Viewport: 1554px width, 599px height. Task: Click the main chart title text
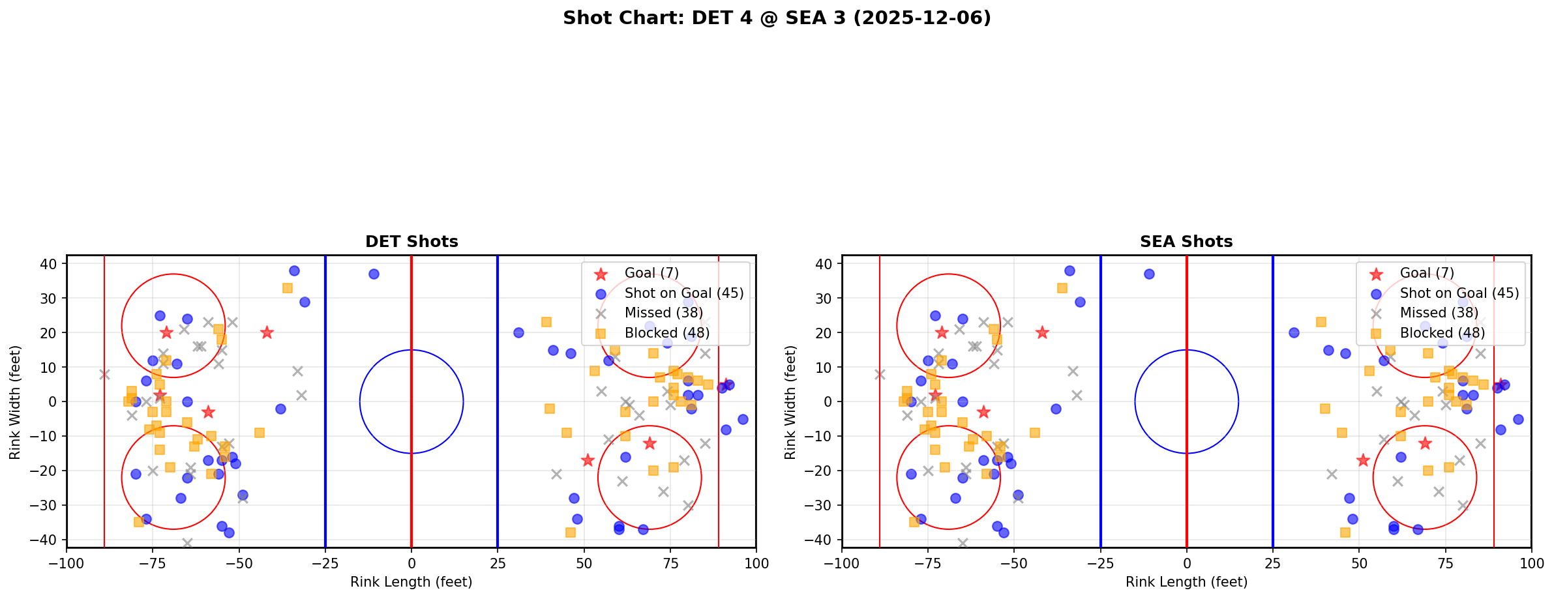[777, 18]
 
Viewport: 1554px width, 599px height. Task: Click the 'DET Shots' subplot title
[411, 242]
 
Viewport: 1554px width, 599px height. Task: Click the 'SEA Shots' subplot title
[1186, 242]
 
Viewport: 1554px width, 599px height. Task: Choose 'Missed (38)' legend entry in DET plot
[663, 313]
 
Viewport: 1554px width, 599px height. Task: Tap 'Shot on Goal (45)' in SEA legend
[1459, 293]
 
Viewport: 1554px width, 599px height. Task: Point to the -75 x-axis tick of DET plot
[153, 563]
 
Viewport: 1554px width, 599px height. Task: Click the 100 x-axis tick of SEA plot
[1531, 563]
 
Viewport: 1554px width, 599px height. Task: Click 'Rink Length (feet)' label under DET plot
[411, 582]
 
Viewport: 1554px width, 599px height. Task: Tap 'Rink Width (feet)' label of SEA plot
[790, 402]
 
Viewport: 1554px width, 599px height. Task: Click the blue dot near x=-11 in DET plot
[374, 274]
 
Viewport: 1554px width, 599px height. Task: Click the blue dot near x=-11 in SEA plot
[1149, 274]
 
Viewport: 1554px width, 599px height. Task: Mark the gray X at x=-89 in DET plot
[104, 374]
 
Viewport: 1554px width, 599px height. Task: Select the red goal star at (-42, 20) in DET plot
[267, 332]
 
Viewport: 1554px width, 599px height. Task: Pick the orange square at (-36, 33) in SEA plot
[1062, 288]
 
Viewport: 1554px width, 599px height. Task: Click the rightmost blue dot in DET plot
[743, 419]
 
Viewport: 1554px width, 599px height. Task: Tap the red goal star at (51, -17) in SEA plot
[1362, 460]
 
